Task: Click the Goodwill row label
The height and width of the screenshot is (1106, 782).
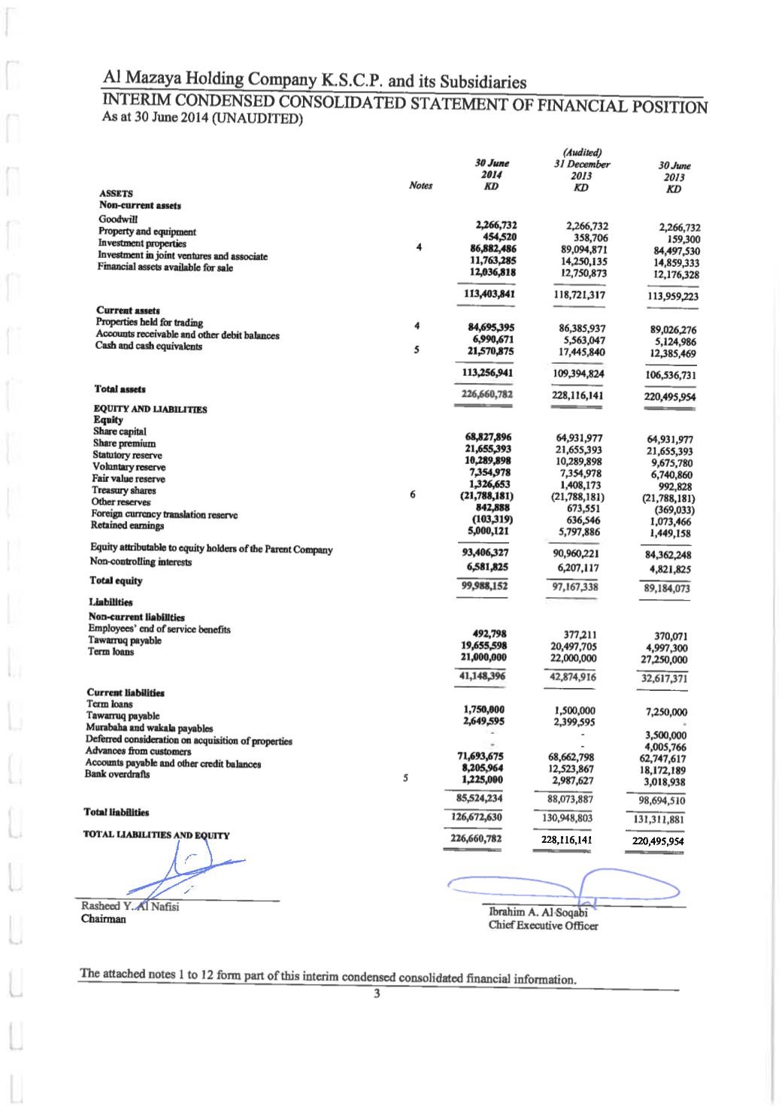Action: click(113, 219)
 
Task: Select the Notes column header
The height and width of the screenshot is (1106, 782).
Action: click(420, 185)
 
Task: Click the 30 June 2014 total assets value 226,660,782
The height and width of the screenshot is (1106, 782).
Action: click(486, 394)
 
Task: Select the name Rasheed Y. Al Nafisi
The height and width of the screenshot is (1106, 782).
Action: click(130, 906)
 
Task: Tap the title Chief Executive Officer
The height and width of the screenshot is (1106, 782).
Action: click(543, 926)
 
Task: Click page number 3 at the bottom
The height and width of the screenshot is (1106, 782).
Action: click(378, 995)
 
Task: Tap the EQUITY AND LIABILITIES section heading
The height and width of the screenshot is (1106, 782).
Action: click(150, 409)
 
